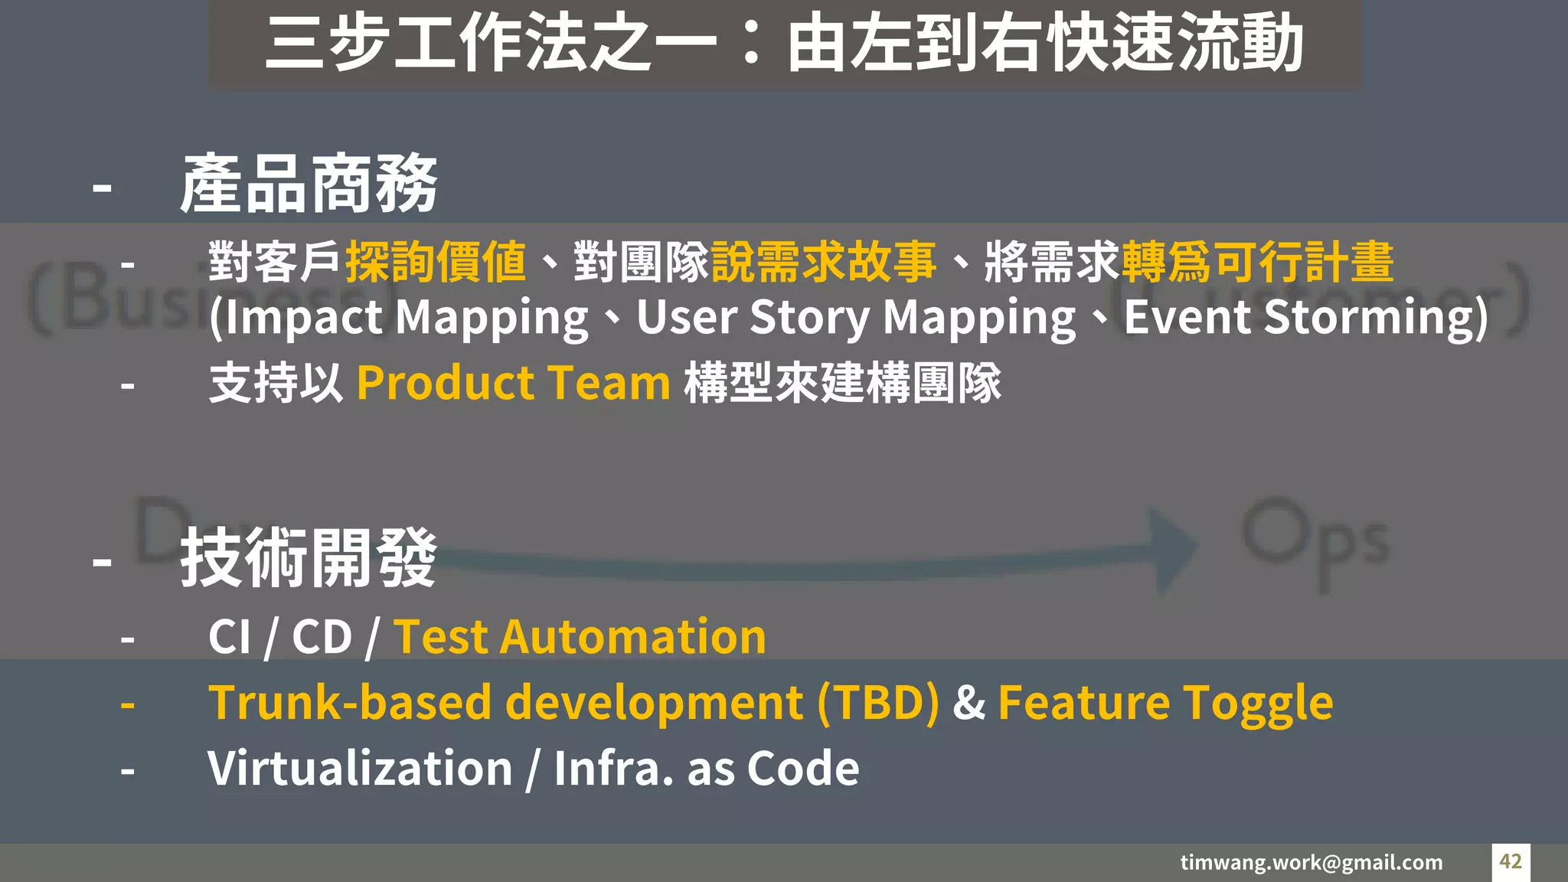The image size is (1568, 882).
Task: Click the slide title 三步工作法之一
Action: tap(490, 43)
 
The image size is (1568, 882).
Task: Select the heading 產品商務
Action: tap(309, 184)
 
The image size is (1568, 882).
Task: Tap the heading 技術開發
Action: tap(309, 558)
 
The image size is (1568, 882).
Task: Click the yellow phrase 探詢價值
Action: tap(436, 263)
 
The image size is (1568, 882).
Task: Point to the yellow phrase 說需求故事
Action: tap(823, 263)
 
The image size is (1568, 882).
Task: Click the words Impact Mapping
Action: tap(407, 318)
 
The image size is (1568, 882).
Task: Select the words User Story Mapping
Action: tap(856, 318)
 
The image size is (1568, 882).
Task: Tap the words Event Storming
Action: tap(1301, 318)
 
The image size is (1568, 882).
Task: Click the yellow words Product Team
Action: tap(514, 383)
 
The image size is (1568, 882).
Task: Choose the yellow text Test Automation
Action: tap(580, 637)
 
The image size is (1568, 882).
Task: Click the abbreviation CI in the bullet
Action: tap(229, 637)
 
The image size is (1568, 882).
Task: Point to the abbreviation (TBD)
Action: tap(878, 703)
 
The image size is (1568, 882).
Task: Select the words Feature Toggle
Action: tap(1165, 703)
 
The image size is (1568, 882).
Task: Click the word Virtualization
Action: tap(360, 768)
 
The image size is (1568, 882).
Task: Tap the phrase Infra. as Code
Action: tap(706, 768)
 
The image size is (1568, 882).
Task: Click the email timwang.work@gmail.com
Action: tap(1311, 862)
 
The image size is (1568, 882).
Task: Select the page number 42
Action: tap(1511, 861)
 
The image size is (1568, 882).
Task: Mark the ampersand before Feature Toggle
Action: tap(969, 703)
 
